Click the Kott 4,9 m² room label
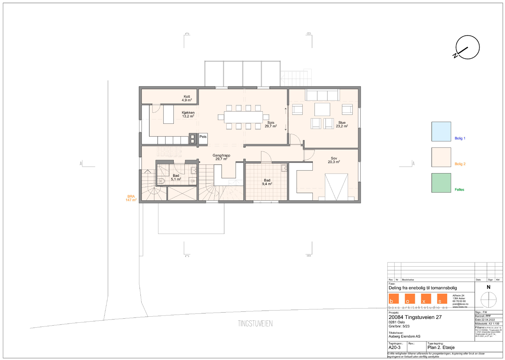tap(187, 98)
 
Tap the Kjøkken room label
tap(188, 114)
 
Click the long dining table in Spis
tap(243, 117)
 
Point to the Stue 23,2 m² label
tap(342, 124)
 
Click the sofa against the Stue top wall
tap(322, 95)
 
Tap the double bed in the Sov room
tap(336, 187)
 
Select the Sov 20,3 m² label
tap(334, 160)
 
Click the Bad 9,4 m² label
tap(267, 182)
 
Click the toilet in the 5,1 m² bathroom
tap(161, 181)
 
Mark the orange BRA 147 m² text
tap(131, 198)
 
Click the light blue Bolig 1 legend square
tap(441, 131)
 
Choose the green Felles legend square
tap(441, 183)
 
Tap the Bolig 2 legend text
tap(460, 164)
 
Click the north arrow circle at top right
tap(467, 48)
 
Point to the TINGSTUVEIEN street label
tap(255, 323)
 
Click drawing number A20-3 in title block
tap(394, 347)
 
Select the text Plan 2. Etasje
tap(441, 347)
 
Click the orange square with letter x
tap(426, 299)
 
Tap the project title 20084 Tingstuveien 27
tap(415, 317)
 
